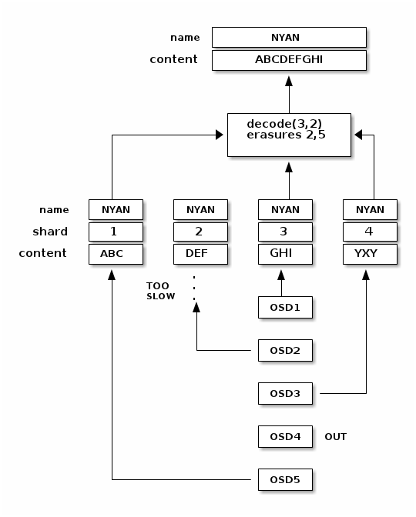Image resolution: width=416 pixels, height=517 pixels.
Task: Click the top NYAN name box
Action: (289, 37)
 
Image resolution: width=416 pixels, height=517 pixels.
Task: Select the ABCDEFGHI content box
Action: (289, 60)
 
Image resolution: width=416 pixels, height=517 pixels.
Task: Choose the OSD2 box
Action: (285, 351)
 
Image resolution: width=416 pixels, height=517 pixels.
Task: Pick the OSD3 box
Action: (285, 394)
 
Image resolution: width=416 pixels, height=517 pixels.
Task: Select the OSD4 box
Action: (285, 437)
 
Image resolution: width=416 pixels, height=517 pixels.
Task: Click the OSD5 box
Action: (285, 480)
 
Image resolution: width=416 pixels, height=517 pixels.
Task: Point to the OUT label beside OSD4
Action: (335, 437)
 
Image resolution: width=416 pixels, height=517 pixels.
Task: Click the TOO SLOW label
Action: (160, 291)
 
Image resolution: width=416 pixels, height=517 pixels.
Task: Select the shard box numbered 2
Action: (200, 232)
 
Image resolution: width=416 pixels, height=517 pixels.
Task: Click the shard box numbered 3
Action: (285, 232)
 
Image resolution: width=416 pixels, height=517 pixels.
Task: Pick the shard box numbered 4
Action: (370, 232)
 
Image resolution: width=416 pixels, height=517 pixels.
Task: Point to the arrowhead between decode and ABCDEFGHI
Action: (289, 79)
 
